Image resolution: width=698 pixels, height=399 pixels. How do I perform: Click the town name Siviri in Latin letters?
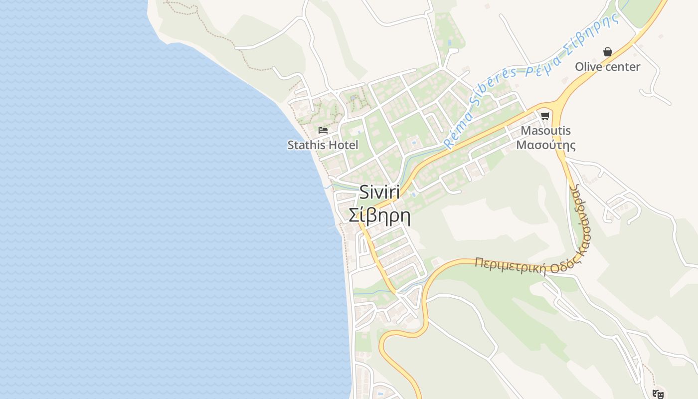tap(379, 193)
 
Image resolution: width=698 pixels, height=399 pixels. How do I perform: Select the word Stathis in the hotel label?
tap(305, 145)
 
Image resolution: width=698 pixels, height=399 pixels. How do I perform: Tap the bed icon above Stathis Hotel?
tap(323, 130)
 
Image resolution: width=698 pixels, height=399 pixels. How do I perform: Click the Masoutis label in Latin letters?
tap(545, 131)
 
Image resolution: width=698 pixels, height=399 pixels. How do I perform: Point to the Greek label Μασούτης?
tap(545, 145)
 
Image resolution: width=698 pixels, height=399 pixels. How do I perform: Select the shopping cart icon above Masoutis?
tap(545, 116)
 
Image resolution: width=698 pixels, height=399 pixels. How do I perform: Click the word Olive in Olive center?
tap(589, 67)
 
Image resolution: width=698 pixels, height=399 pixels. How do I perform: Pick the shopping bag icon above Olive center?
tap(608, 52)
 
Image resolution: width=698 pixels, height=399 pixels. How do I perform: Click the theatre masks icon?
tap(658, 394)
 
